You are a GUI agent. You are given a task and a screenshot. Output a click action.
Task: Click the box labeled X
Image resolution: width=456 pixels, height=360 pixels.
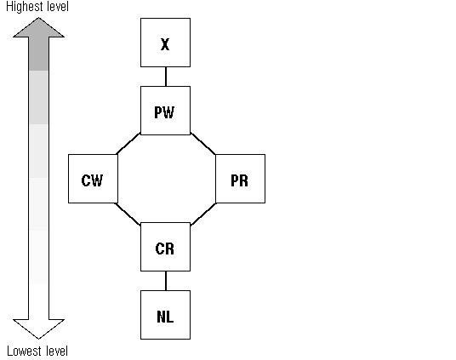(166, 43)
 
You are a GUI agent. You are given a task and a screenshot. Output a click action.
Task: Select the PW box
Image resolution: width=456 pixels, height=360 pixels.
(166, 111)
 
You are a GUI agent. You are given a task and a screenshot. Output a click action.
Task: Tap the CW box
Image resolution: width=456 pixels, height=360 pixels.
(93, 179)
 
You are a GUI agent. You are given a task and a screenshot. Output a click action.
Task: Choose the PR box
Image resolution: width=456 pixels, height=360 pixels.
(240, 179)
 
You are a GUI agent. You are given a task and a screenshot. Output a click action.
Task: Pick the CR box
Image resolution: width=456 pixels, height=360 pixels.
(166, 247)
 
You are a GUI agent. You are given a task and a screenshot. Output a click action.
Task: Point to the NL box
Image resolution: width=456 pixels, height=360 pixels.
(166, 315)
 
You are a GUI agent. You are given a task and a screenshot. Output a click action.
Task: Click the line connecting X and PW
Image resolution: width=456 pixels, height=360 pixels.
(166, 77)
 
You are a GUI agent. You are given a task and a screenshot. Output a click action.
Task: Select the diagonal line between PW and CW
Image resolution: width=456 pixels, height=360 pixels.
(128, 144)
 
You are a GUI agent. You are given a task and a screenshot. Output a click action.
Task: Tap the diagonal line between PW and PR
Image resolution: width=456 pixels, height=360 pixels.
(203, 144)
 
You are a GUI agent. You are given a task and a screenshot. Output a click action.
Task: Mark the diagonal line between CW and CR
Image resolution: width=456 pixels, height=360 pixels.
(128, 214)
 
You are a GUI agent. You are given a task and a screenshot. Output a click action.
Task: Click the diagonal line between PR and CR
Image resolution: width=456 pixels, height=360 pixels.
(203, 214)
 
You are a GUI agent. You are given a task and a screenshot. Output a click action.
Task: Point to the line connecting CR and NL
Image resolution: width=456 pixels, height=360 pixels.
(166, 281)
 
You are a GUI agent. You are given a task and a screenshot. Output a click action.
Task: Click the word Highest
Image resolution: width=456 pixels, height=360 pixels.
(25, 7)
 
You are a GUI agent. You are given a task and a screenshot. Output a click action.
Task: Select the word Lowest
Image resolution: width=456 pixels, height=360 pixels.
(25, 351)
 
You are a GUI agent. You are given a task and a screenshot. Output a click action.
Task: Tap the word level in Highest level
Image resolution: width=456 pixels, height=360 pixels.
(58, 7)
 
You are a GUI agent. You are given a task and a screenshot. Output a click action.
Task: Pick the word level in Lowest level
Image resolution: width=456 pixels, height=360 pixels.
(57, 351)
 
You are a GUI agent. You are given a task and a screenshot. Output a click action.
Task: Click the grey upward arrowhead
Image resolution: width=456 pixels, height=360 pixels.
(38, 29)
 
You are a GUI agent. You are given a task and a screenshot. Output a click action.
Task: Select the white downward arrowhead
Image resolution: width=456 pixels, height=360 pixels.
(38, 329)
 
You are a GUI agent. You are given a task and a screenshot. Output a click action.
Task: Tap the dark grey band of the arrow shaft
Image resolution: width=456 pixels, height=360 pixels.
(38, 54)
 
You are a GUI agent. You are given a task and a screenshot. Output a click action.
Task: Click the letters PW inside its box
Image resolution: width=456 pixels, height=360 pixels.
(164, 112)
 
